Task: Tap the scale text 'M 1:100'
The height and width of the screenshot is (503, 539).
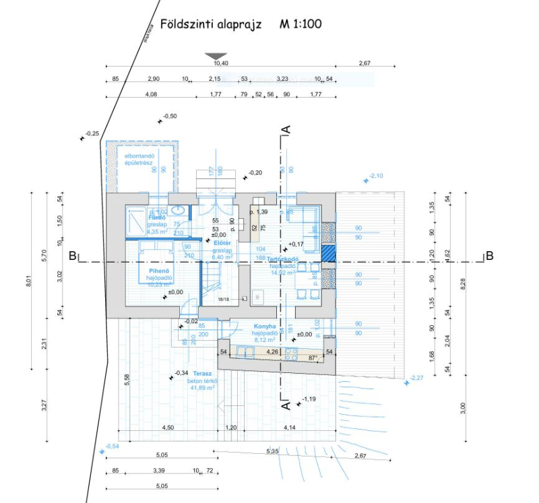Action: pos(300,25)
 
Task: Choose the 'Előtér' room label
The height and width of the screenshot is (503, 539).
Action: pos(222,242)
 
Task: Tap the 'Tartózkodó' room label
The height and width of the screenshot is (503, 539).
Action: pos(283,259)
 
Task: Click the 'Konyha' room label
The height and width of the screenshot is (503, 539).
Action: pos(265,325)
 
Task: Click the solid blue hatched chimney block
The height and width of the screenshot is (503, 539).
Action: pos(328,254)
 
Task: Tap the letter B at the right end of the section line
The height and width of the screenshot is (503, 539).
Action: pos(490,256)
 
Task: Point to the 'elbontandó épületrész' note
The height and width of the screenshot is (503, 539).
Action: pos(140,160)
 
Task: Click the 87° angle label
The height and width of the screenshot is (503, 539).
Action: pos(313,358)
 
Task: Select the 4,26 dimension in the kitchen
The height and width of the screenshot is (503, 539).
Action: pos(272,351)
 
